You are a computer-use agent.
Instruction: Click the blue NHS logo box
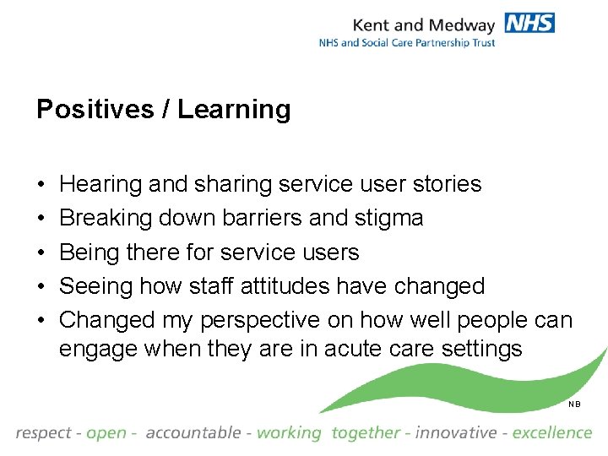click(529, 23)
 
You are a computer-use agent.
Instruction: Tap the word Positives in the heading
click(94, 110)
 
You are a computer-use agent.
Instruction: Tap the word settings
click(484, 349)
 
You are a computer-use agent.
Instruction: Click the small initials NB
click(574, 404)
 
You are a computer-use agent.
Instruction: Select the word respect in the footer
click(43, 433)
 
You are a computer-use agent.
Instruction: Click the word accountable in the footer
click(193, 432)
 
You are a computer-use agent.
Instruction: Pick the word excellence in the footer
click(552, 432)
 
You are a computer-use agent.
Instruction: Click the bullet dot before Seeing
click(41, 286)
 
